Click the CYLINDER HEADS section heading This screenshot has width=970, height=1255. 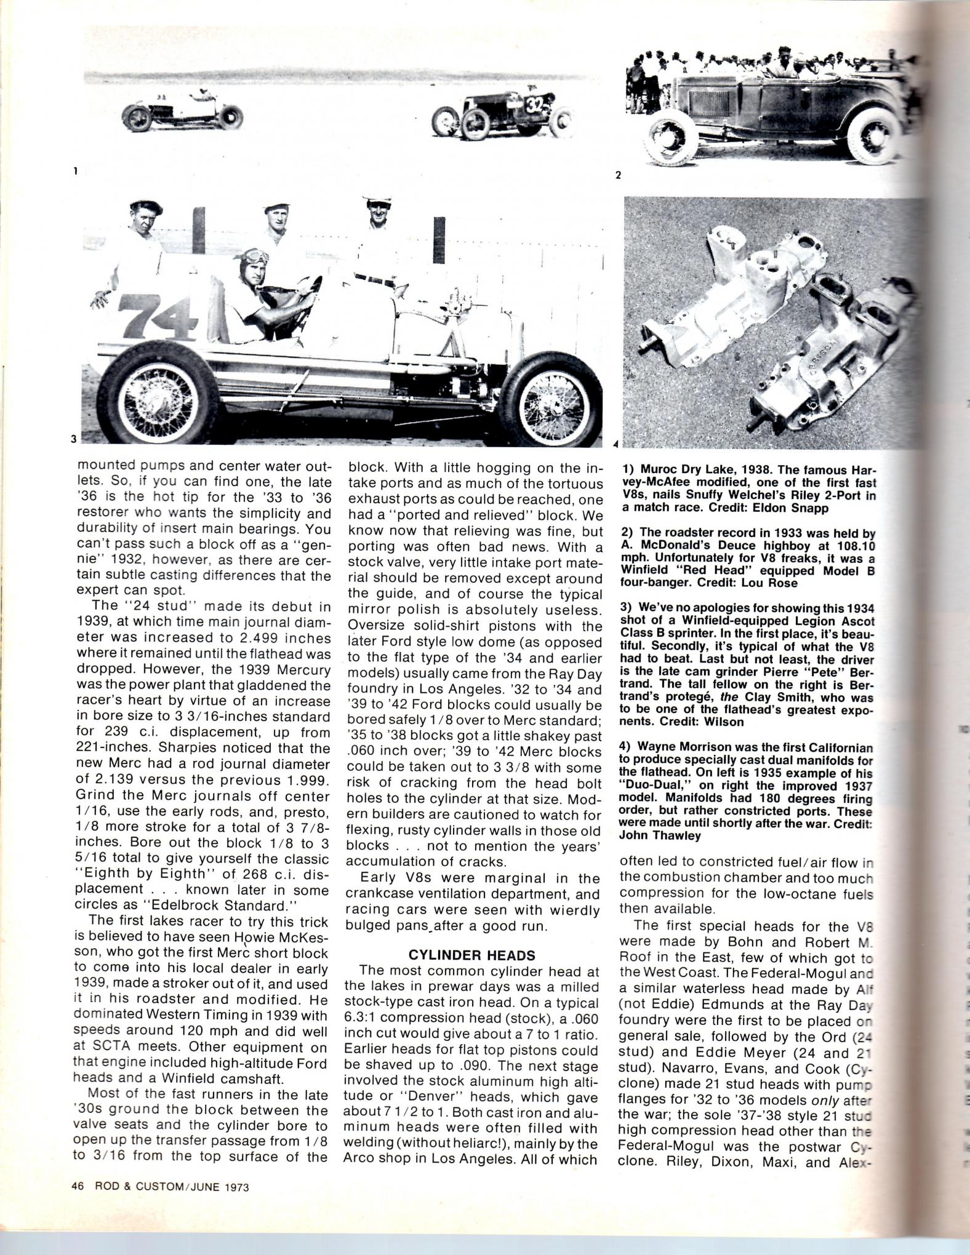[472, 955]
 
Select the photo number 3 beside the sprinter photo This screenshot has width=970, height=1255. [73, 439]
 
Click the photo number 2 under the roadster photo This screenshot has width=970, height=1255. [618, 175]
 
